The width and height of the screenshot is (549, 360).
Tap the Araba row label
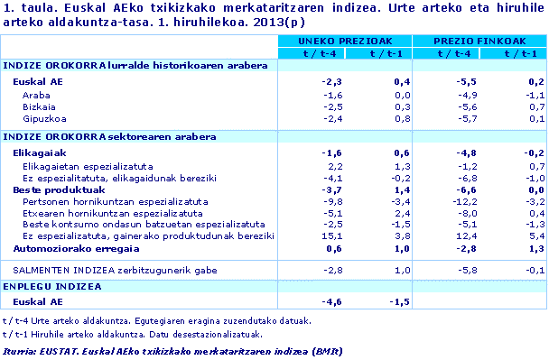[x=37, y=95]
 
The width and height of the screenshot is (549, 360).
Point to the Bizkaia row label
[x=40, y=106]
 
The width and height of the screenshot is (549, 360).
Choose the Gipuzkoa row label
[x=43, y=118]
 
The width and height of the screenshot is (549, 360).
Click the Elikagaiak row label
[x=40, y=154]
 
